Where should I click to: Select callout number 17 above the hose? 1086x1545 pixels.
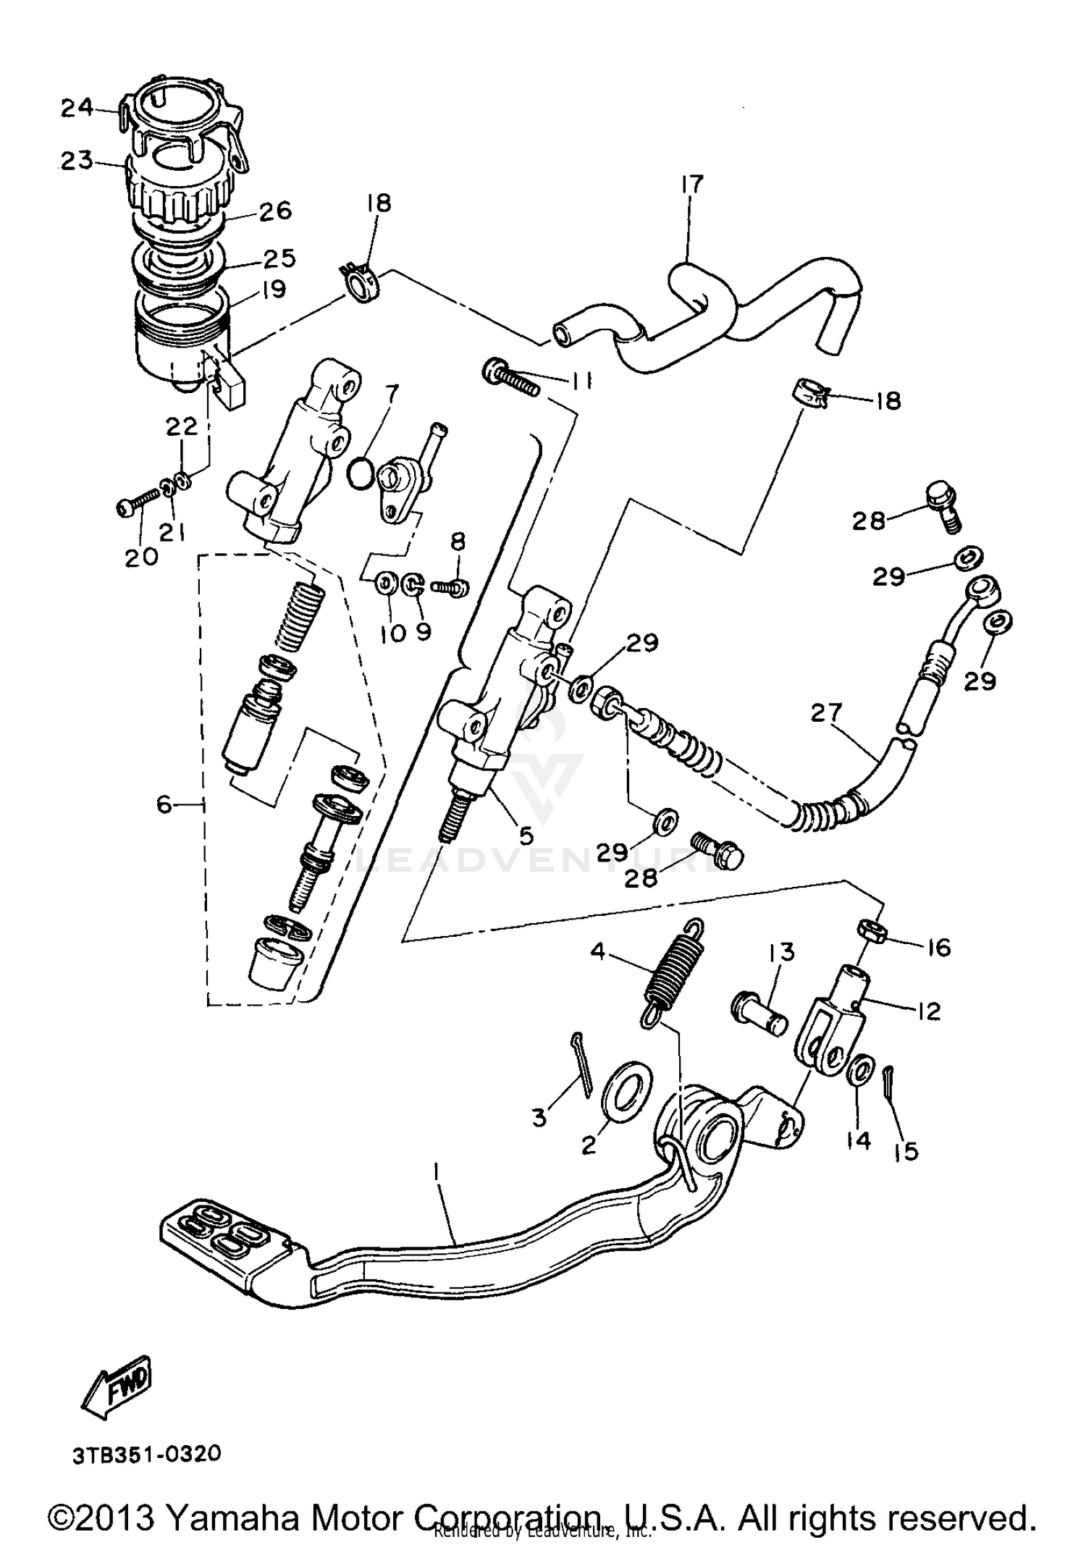point(691,185)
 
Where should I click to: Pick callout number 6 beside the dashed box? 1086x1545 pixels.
point(166,804)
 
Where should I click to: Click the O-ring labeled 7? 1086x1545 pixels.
point(361,471)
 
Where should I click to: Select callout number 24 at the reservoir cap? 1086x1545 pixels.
point(77,109)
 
